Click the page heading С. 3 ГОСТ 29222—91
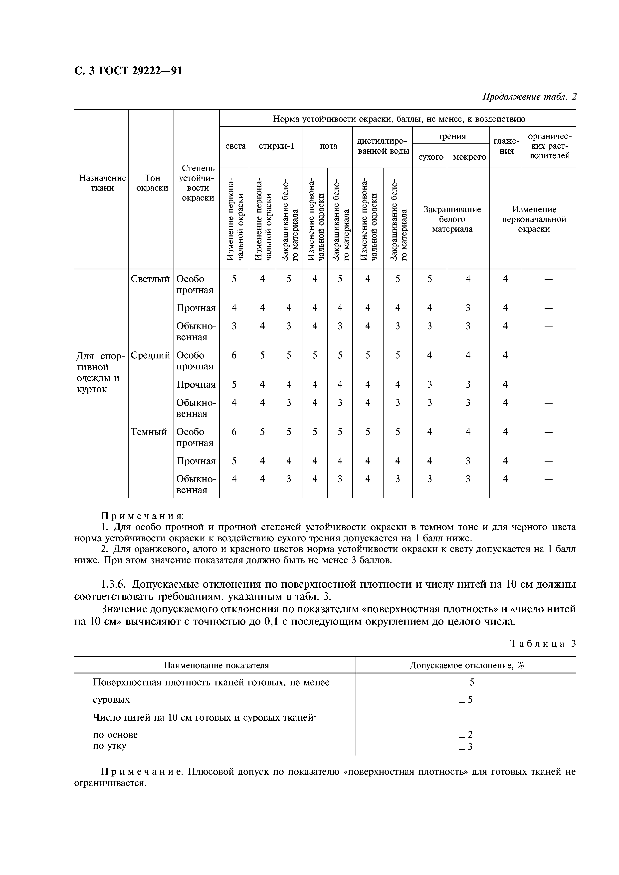tap(128, 71)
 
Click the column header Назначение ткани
tap(102, 183)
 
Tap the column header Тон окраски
tap(152, 183)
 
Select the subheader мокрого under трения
tap(469, 157)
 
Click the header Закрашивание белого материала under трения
tap(452, 219)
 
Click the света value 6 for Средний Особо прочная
tap(234, 355)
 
